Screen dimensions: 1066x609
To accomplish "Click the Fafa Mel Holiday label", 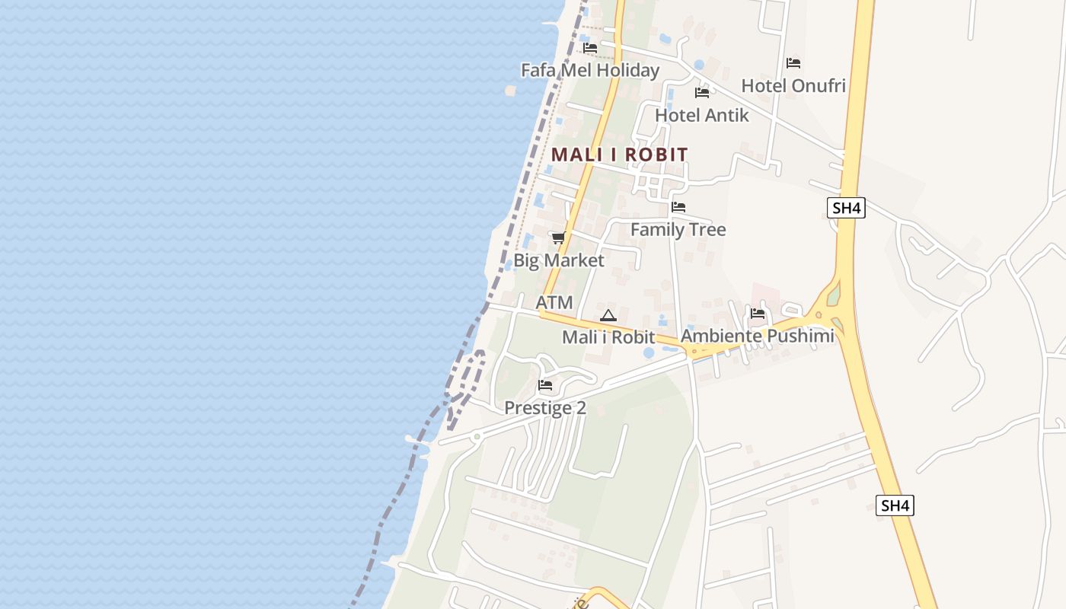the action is click(589, 70).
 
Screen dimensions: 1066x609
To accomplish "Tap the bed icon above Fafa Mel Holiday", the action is click(589, 47).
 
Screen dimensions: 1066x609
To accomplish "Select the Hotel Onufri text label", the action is click(793, 85).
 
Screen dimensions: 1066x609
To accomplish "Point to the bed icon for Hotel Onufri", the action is click(793, 62).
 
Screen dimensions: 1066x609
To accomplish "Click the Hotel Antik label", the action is click(701, 115).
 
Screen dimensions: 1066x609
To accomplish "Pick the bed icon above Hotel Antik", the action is click(701, 93).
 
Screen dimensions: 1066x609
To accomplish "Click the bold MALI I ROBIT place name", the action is click(619, 155).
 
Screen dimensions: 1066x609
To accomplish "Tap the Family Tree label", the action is click(678, 229).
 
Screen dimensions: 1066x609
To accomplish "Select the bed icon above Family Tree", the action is click(678, 207).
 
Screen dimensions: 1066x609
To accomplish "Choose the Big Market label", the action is click(558, 260).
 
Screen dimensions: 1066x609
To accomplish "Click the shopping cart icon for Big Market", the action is click(558, 238).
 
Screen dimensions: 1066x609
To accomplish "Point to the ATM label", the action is click(554, 302).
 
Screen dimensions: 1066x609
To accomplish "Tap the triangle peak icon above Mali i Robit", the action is click(608, 315).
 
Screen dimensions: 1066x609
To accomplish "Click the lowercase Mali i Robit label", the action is click(608, 336).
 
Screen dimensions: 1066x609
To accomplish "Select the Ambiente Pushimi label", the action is click(757, 336).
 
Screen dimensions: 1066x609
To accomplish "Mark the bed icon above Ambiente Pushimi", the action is click(757, 313).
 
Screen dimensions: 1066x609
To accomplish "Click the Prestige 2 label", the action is click(545, 408).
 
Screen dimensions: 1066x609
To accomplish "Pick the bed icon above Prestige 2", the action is click(545, 385).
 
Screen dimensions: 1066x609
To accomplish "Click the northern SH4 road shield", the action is click(846, 208).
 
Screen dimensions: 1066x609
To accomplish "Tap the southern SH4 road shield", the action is click(894, 505).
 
